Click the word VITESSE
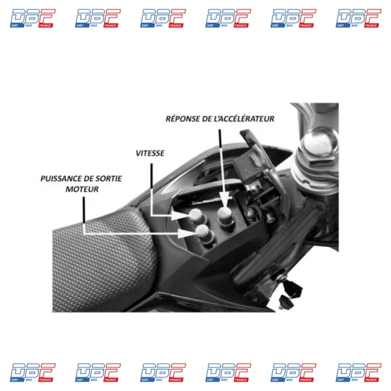[150, 153]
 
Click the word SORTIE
[110, 179]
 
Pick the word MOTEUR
[82, 189]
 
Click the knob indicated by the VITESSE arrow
[196, 216]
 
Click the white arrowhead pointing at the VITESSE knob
[180, 215]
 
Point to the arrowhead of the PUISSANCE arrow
[186, 234]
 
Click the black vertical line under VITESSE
[151, 176]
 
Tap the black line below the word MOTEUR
[84, 210]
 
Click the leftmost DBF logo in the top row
[33, 18]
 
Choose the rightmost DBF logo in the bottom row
[358, 373]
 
